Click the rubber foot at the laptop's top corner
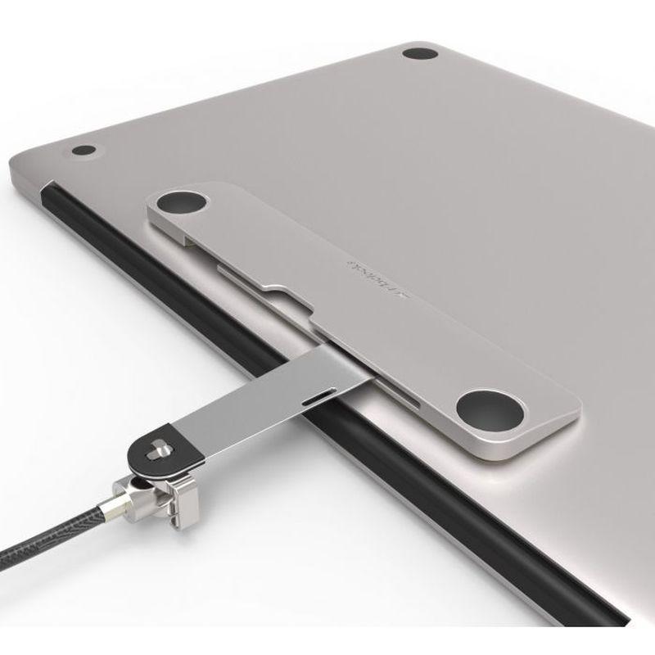pyautogui.click(x=420, y=54)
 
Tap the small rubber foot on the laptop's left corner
pyautogui.click(x=84, y=151)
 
